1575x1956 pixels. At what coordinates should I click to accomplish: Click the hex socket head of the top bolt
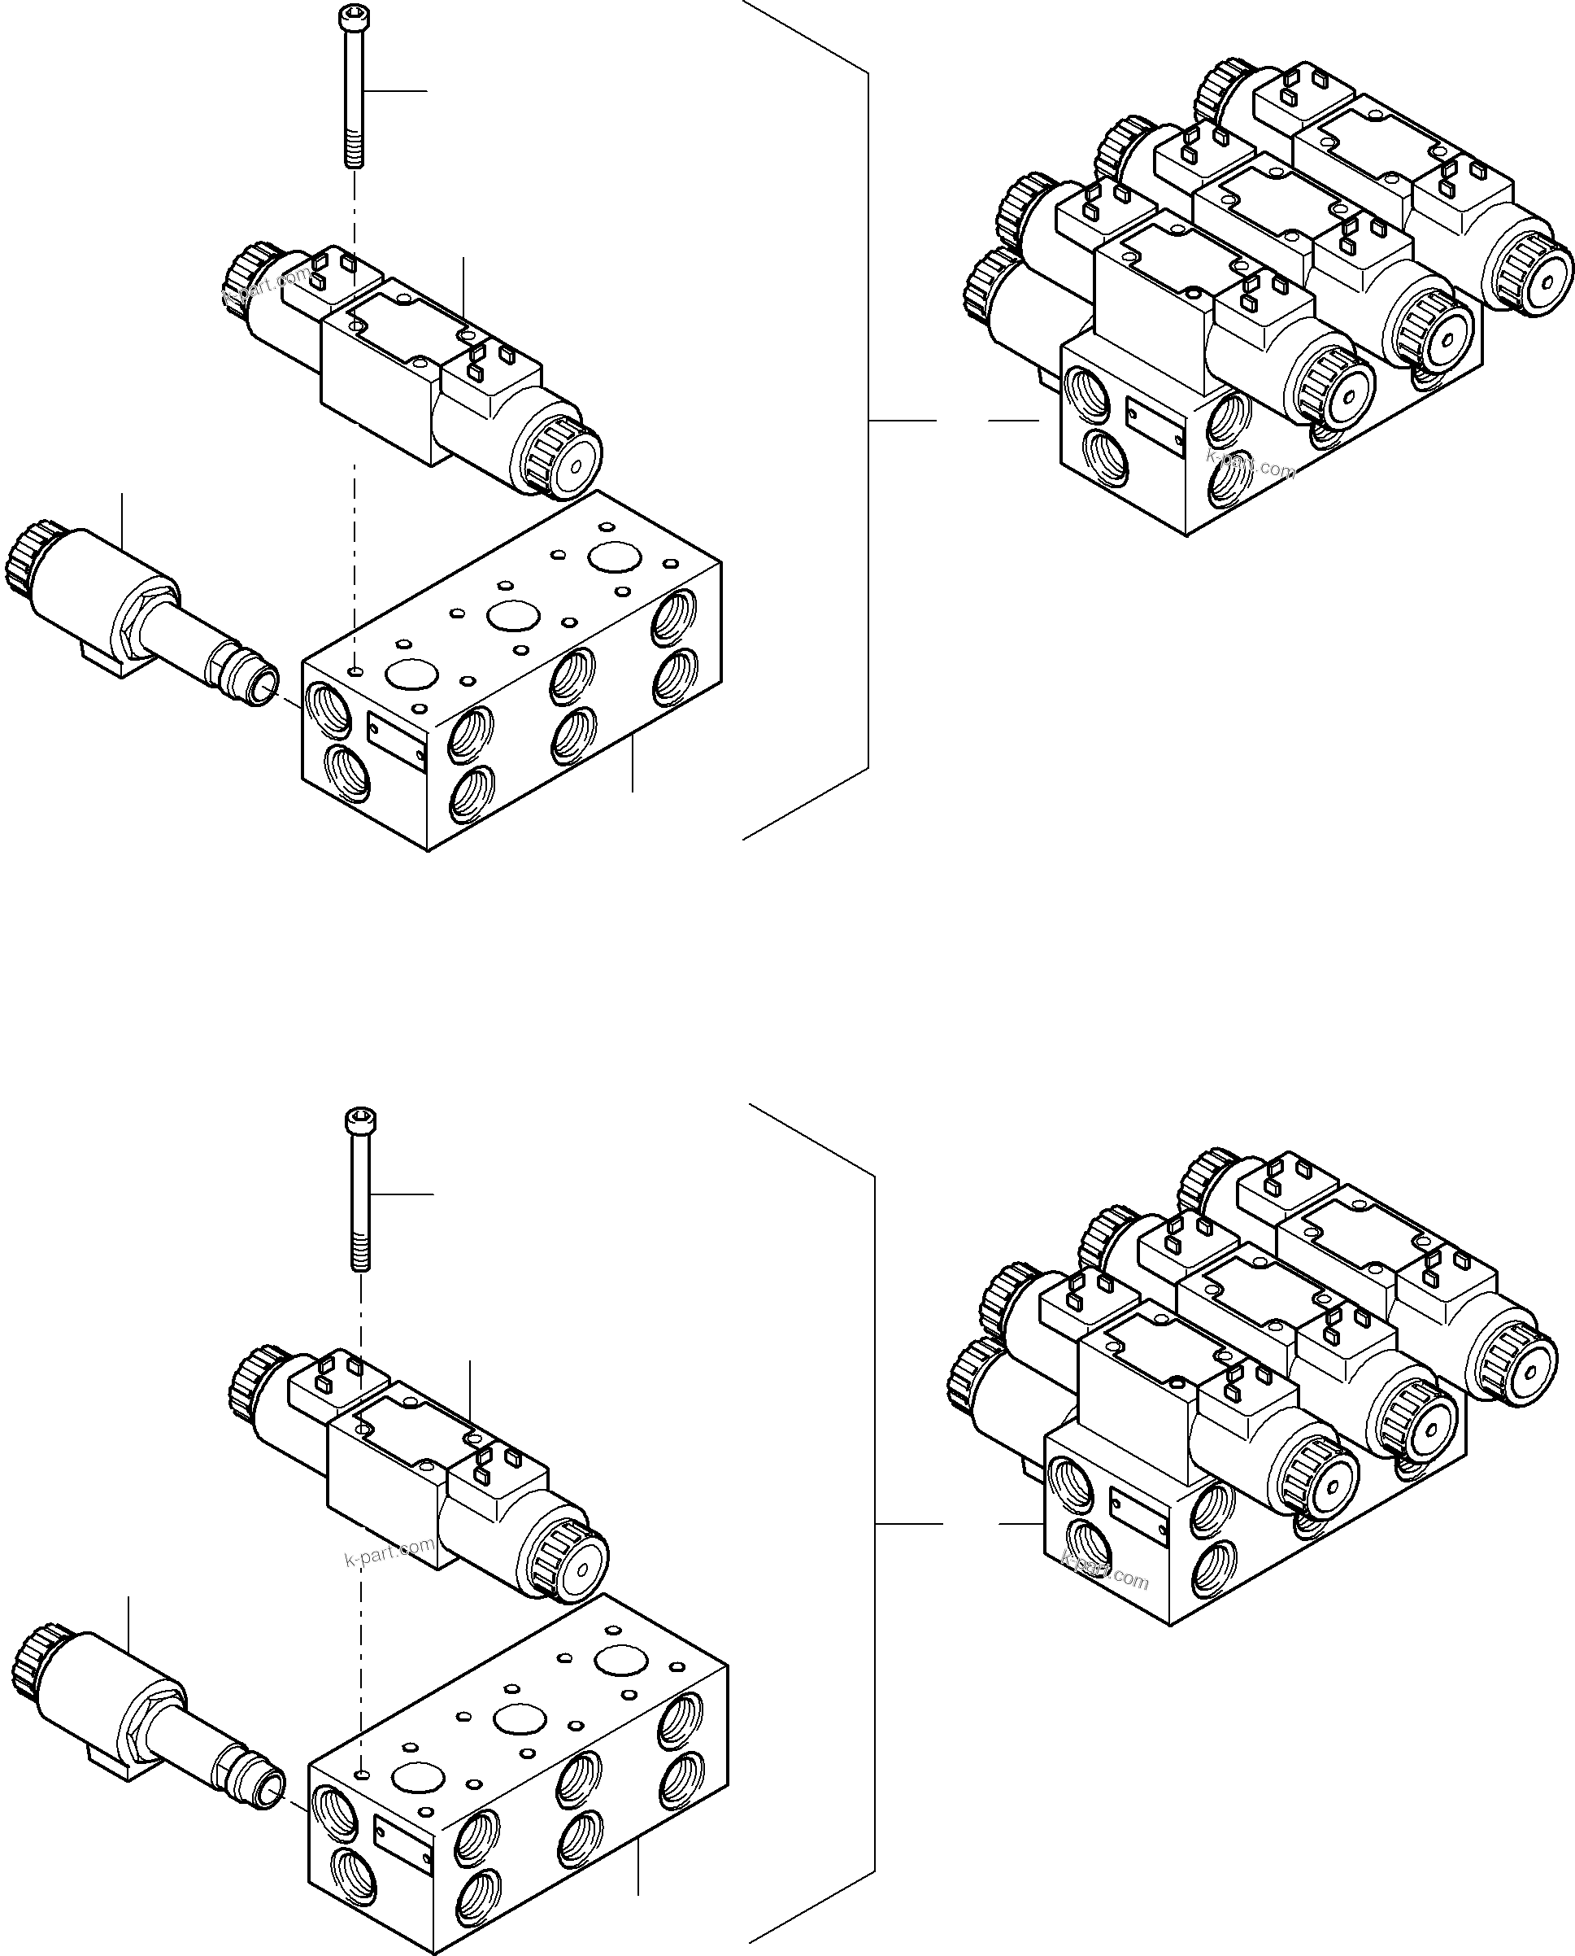click(352, 15)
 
